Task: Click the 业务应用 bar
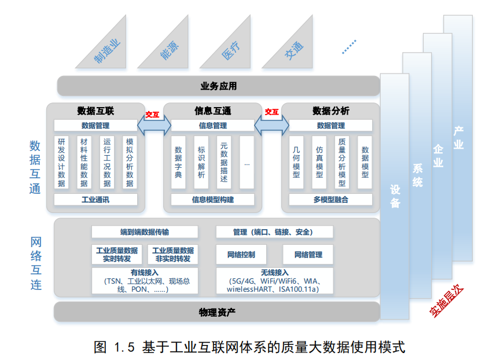tap(218, 86)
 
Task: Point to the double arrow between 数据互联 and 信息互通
tap(154, 126)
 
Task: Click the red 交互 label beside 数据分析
tap(271, 112)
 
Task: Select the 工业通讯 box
tap(95, 200)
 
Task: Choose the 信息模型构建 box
tap(213, 200)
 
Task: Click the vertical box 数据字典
tap(178, 163)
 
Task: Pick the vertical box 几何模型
tap(296, 163)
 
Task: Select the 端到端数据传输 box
tap(145, 232)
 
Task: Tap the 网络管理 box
tap(308, 255)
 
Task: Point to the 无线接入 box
tap(274, 281)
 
